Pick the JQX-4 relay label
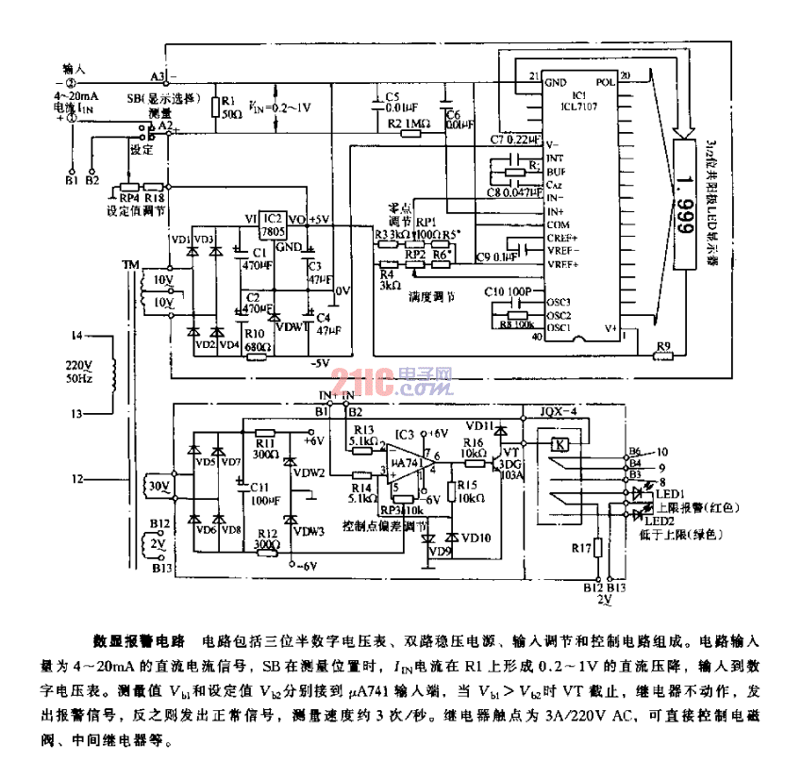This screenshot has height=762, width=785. pyautogui.click(x=556, y=411)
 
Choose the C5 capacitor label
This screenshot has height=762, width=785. pyautogui.click(x=392, y=96)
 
